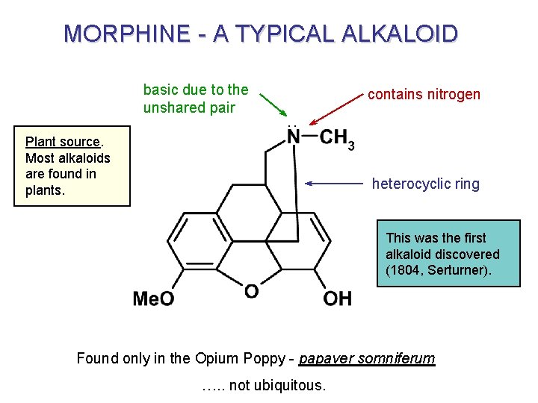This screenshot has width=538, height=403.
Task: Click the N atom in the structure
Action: [x=294, y=137]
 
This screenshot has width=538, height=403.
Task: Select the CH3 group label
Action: [x=337, y=139]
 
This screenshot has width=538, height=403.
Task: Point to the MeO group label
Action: [x=153, y=299]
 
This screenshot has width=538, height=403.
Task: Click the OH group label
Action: [x=337, y=299]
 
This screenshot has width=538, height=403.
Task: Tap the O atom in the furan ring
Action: [x=252, y=291]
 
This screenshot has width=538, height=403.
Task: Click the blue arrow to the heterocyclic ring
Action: [x=336, y=183]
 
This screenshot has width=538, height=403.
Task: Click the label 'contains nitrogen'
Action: [x=424, y=94]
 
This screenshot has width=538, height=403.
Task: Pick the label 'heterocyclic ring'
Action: [x=426, y=184]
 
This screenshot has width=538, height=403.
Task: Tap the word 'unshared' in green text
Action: [x=170, y=107]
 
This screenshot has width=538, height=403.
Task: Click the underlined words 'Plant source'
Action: [x=63, y=142]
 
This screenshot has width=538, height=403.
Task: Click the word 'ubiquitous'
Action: [x=290, y=385]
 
